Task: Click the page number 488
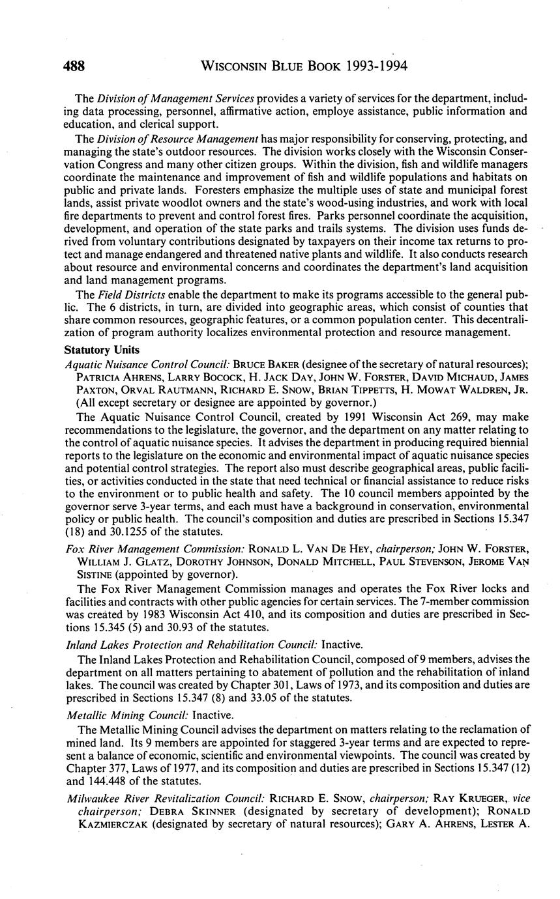click(74, 66)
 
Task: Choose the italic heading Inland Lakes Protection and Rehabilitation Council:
click(192, 644)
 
